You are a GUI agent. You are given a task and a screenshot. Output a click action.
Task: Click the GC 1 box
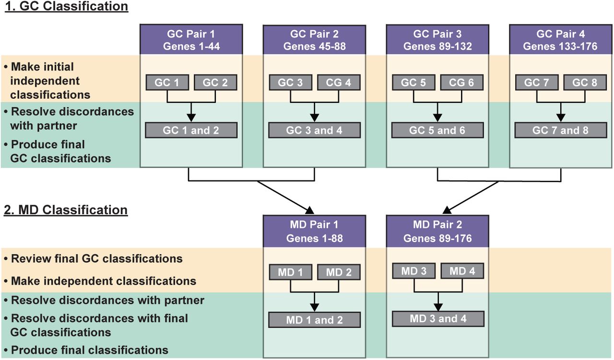point(167,82)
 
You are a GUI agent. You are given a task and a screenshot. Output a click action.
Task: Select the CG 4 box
point(339,82)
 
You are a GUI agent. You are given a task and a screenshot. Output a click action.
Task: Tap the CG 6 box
point(461,82)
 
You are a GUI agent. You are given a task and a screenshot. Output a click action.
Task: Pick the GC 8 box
point(585,82)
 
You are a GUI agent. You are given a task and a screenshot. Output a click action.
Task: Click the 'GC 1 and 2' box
point(191,130)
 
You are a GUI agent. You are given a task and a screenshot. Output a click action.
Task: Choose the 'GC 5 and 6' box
point(437,130)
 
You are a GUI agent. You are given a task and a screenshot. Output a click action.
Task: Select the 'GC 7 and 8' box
point(561,130)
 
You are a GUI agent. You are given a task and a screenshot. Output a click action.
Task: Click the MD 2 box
point(339,272)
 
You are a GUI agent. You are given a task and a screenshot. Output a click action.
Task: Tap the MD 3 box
point(413,271)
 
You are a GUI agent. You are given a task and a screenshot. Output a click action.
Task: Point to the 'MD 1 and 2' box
point(314,320)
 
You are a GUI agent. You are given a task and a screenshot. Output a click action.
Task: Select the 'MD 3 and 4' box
point(438,319)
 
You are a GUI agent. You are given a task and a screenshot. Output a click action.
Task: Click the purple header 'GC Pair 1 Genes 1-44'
point(191,39)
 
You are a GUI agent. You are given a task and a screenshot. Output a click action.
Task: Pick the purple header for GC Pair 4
point(561,40)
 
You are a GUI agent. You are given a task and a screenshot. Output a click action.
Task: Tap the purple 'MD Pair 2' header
point(437,231)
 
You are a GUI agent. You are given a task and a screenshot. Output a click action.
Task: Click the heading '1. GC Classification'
point(66,6)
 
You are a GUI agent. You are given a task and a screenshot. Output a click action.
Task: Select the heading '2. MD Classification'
point(66,210)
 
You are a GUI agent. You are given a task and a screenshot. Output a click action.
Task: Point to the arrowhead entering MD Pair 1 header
point(310,210)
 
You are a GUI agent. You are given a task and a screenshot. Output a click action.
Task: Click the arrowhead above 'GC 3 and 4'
point(314,117)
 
